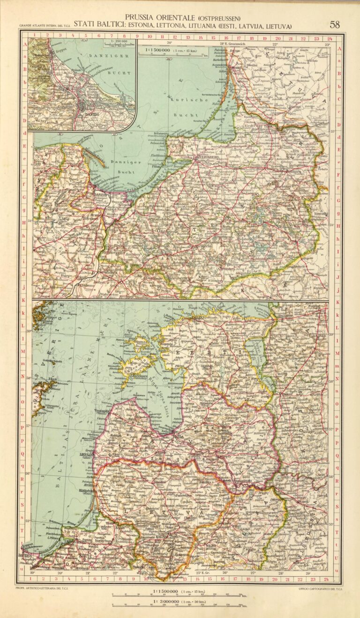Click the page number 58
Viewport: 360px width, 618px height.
click(335, 24)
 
